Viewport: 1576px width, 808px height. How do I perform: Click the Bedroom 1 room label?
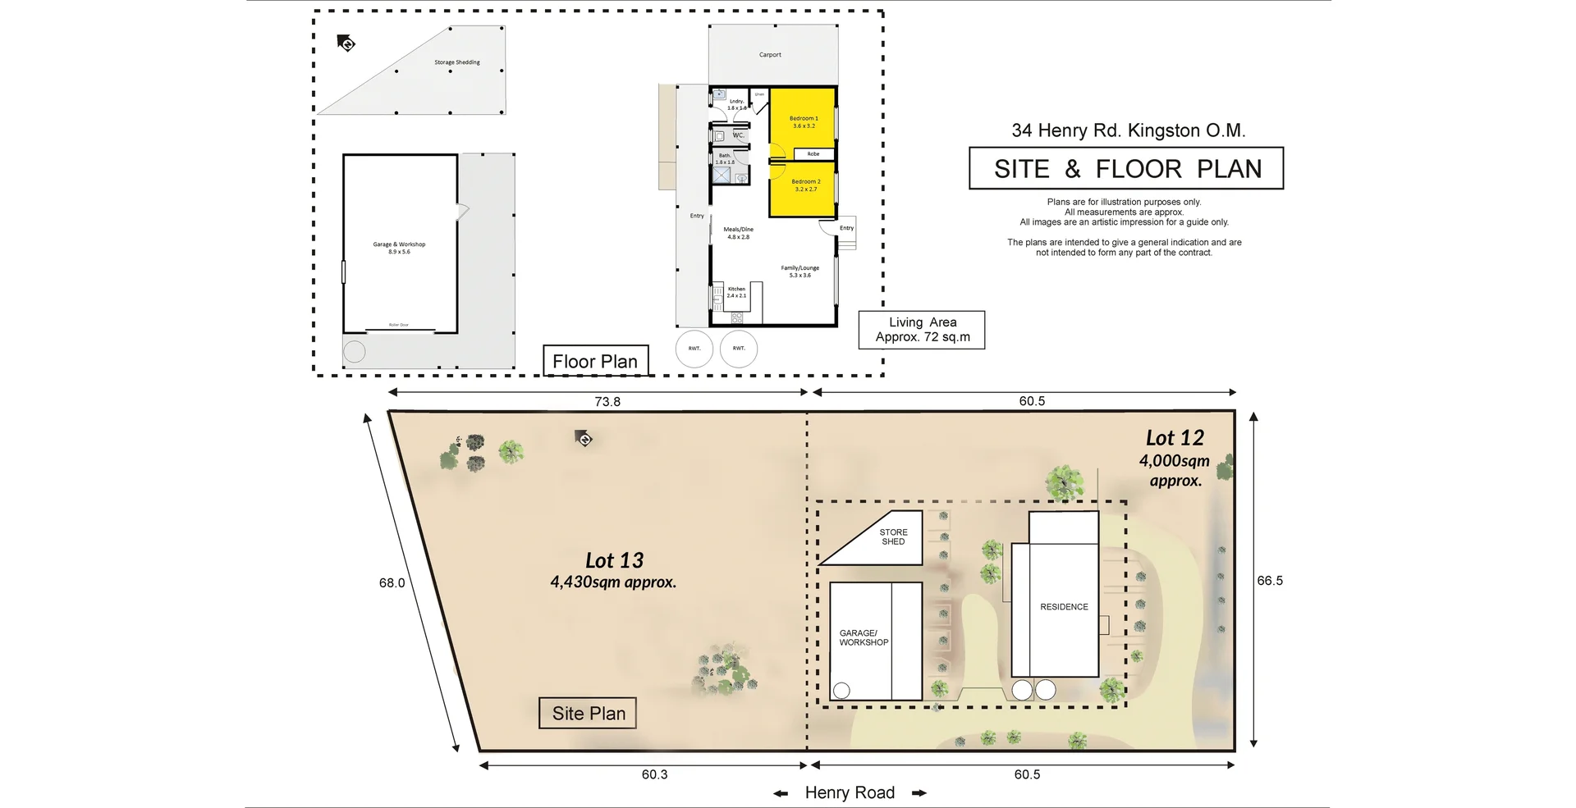coord(804,121)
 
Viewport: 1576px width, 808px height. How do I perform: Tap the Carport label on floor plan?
coord(770,55)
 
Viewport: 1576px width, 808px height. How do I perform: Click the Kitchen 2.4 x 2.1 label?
coord(736,292)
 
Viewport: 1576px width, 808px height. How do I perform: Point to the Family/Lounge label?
coord(799,272)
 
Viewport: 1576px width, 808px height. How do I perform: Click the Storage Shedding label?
coord(456,62)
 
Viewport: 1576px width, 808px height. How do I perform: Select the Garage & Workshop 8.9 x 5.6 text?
coord(399,248)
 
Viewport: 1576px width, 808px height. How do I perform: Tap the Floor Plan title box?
coord(595,361)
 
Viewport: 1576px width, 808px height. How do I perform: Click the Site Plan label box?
coord(588,713)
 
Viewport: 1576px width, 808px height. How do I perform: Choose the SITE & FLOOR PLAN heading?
coord(1126,169)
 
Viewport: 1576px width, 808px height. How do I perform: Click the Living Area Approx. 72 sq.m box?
coord(922,330)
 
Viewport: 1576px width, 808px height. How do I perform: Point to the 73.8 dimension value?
coord(607,401)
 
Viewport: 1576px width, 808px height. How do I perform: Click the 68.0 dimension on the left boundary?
coord(392,583)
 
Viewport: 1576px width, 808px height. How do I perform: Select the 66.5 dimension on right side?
coord(1269,580)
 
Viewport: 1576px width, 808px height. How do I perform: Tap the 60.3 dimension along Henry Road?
coord(654,774)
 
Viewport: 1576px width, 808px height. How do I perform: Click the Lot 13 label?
coord(614,560)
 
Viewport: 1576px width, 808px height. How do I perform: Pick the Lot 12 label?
coord(1175,438)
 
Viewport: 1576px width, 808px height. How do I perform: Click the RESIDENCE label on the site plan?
coord(1064,607)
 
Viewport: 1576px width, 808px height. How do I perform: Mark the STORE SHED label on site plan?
coord(893,536)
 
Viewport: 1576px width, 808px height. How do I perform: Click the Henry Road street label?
coord(850,792)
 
